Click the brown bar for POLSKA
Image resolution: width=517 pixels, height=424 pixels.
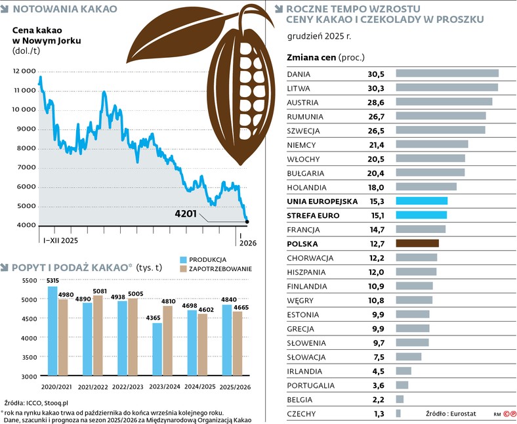click(417, 244)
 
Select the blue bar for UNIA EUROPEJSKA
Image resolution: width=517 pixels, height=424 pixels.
click(422, 201)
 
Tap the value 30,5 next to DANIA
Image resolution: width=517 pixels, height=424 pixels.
click(376, 74)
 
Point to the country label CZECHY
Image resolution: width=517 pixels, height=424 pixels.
click(302, 413)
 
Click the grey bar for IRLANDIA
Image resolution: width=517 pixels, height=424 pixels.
click(403, 371)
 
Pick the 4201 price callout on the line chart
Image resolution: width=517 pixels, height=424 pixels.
click(186, 213)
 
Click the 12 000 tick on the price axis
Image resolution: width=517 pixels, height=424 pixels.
click(25, 70)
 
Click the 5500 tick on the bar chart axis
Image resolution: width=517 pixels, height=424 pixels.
click(31, 280)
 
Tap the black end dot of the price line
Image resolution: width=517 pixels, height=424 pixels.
click(247, 222)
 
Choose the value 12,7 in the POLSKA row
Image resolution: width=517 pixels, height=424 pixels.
click(376, 244)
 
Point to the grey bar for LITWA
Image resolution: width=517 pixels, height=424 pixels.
click(447, 87)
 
